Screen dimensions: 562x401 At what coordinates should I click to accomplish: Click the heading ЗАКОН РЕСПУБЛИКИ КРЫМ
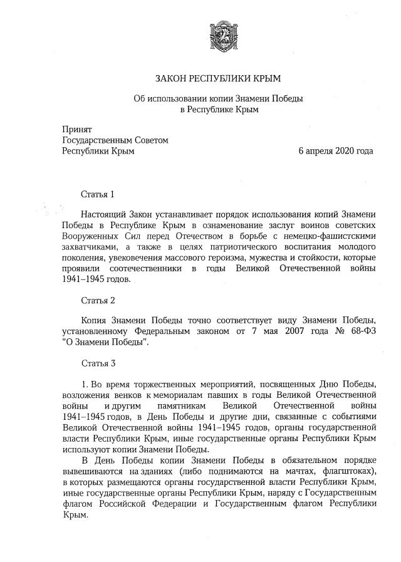pyautogui.click(x=219, y=78)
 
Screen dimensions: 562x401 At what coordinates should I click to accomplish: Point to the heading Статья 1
pyautogui.click(x=98, y=194)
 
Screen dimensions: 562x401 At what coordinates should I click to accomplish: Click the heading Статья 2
pyautogui.click(x=98, y=300)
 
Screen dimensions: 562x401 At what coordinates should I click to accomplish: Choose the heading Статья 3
pyautogui.click(x=98, y=363)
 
